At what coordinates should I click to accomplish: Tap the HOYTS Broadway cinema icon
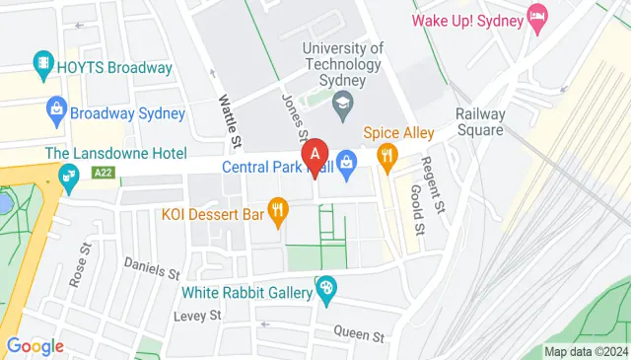[44, 67]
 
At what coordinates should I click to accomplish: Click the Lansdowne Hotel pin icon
[69, 179]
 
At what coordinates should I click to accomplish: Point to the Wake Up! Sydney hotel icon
[537, 17]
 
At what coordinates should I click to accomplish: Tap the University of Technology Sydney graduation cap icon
[343, 102]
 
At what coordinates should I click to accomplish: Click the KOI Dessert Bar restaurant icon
[279, 210]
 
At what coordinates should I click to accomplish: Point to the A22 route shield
[101, 172]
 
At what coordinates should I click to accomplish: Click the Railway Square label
[480, 122]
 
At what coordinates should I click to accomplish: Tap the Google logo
[35, 346]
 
